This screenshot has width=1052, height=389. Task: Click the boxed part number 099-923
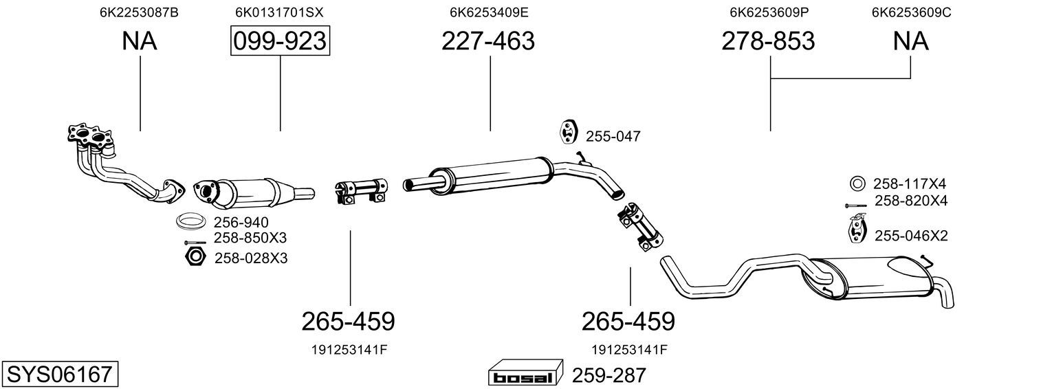coord(280,42)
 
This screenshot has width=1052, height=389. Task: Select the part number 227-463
coord(487,42)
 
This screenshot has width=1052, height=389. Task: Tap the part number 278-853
coord(768,42)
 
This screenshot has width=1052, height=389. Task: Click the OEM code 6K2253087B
coord(140,12)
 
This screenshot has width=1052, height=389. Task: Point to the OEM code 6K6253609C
coord(911,12)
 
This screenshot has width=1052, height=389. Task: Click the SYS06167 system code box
coord(59,375)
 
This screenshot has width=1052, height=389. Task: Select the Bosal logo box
coord(525,375)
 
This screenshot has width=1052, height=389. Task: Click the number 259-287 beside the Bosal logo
coord(609,375)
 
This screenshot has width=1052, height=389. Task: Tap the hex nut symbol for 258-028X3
coord(195,257)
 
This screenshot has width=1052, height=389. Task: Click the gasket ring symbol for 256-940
coord(192,222)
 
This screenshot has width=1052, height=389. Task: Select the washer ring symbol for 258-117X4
coord(857,184)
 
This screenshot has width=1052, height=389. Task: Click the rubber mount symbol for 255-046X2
coord(857,229)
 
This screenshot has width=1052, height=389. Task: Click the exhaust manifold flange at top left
coord(91,136)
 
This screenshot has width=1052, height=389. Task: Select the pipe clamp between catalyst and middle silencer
coord(362,190)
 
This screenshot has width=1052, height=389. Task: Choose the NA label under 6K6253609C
coord(910,42)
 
